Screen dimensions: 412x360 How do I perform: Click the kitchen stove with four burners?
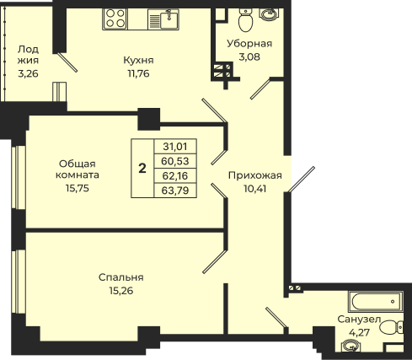(115, 19)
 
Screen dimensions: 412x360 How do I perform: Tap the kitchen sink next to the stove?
(163, 19)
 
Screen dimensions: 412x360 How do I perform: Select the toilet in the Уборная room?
(246, 19)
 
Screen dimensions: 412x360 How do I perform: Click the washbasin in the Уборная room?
(269, 14)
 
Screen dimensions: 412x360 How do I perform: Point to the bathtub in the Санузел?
(376, 302)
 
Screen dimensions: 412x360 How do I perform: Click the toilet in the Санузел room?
(392, 328)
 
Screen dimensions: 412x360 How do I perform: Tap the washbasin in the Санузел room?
(350, 346)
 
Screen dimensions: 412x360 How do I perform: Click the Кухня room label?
(138, 60)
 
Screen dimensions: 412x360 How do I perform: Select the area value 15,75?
(78, 188)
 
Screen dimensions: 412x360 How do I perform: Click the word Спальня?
(121, 277)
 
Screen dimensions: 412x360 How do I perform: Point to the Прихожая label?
(255, 175)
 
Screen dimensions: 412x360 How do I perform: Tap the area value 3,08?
(249, 56)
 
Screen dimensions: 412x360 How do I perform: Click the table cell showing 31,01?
(175, 147)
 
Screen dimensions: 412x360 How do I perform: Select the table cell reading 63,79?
(175, 191)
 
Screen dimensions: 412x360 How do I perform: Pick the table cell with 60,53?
(175, 161)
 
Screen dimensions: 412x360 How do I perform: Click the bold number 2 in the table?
(142, 169)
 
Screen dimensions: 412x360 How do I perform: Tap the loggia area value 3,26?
(28, 73)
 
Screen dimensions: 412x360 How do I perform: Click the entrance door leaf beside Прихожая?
(302, 180)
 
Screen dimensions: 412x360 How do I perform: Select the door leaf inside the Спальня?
(215, 261)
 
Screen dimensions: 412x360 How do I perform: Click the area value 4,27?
(359, 333)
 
